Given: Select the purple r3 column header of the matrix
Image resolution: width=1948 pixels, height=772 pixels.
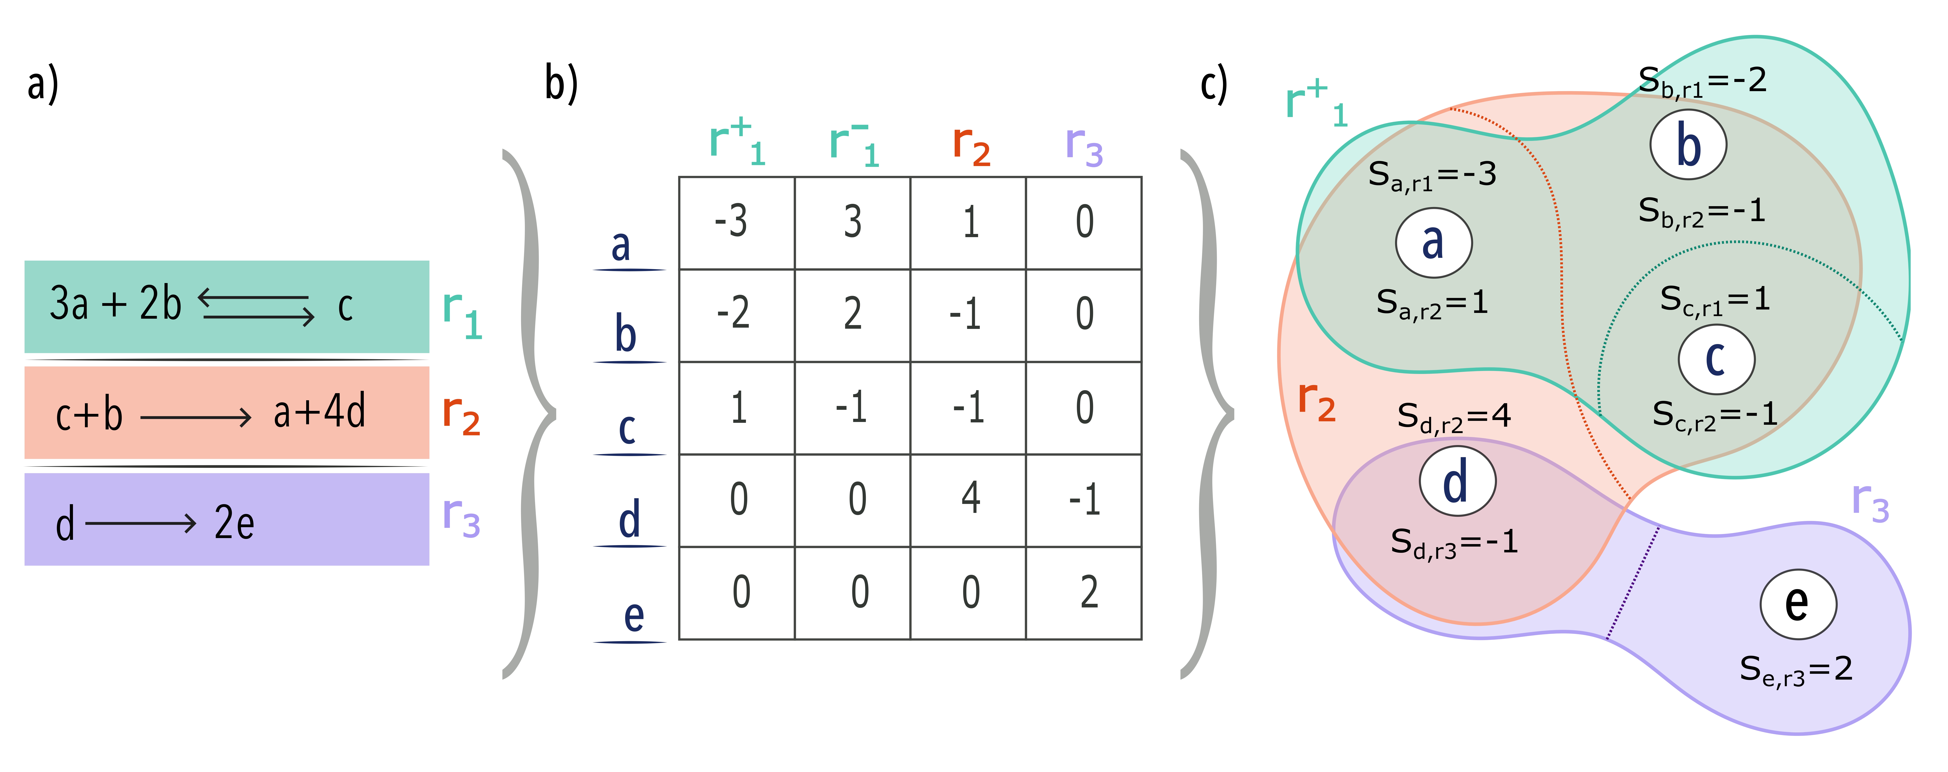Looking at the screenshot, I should tap(1084, 145).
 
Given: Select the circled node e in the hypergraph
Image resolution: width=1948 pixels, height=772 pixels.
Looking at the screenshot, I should tap(1798, 603).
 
